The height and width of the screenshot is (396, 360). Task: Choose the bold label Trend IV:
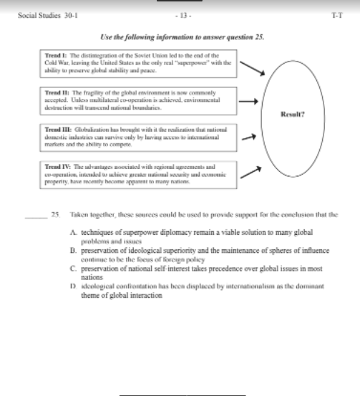pos(56,166)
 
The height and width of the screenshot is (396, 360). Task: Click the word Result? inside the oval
pos(292,115)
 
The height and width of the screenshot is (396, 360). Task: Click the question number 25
pos(55,216)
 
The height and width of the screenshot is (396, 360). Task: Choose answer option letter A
pos(74,233)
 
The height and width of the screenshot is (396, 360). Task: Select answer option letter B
pos(74,251)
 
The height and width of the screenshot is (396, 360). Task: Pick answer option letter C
pos(74,268)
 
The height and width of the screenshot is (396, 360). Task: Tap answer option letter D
pos(74,286)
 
